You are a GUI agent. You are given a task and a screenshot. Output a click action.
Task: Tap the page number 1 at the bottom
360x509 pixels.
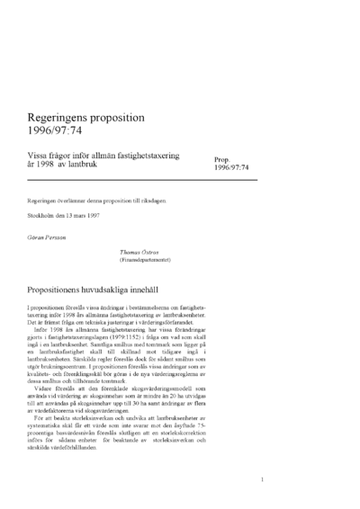pos(261,480)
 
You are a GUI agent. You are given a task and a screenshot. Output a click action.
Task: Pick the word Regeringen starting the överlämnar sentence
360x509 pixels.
pos(45,201)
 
